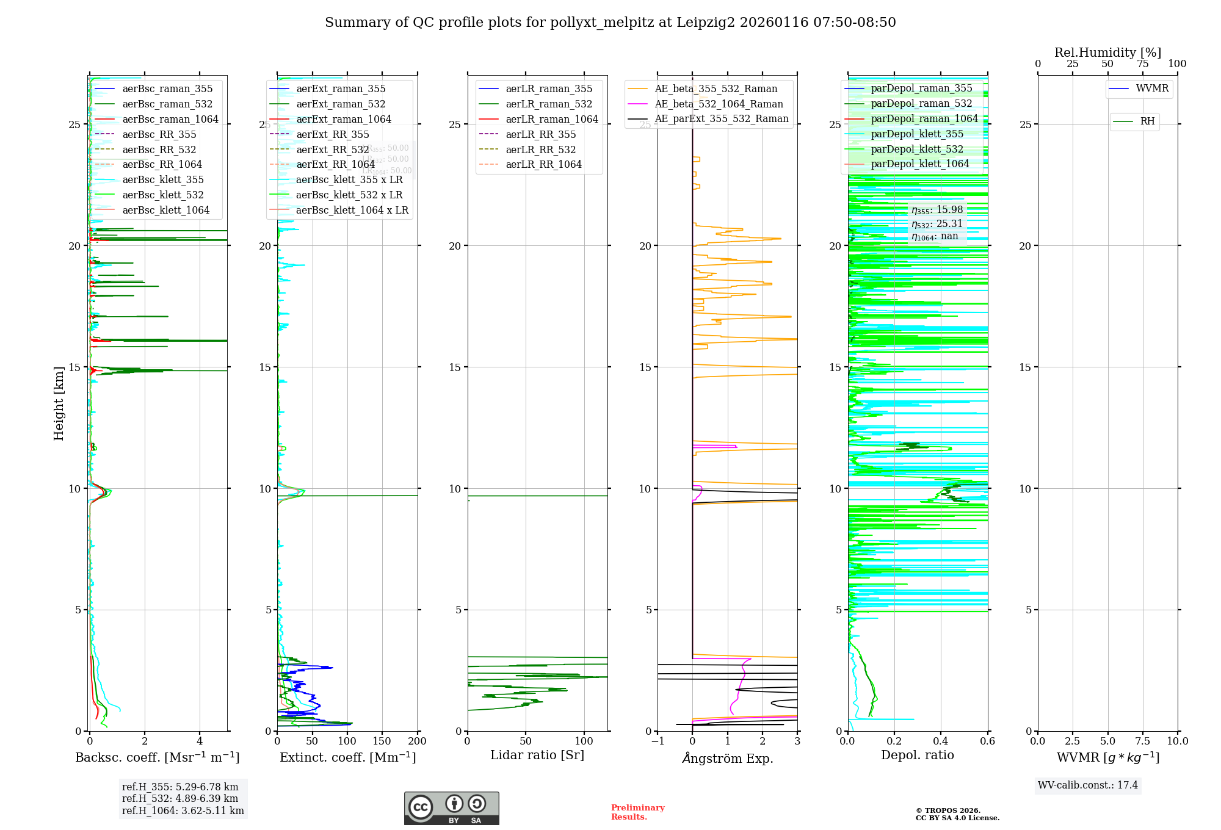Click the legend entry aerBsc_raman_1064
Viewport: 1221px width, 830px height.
click(170, 119)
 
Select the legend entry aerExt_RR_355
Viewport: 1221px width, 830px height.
click(332, 134)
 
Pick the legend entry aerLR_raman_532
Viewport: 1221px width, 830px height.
click(548, 104)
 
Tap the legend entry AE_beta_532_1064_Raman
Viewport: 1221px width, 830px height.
click(719, 104)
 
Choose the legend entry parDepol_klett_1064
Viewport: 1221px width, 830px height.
click(919, 164)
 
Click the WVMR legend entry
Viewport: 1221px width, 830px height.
click(1151, 88)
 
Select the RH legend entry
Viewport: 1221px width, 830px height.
click(1147, 121)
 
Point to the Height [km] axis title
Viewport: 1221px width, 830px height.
click(59, 403)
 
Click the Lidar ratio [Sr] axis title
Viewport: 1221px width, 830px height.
click(537, 755)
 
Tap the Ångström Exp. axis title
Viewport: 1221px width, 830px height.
click(727, 758)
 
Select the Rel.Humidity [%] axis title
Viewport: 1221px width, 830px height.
click(1107, 52)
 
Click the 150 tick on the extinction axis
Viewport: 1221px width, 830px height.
click(382, 742)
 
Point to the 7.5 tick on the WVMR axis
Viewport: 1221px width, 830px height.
click(1143, 742)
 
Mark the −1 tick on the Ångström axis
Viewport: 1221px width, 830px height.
click(657, 742)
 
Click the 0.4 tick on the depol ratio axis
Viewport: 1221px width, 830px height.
click(941, 742)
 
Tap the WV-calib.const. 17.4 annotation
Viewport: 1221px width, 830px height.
click(1088, 785)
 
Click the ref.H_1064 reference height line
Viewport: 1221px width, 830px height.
click(183, 810)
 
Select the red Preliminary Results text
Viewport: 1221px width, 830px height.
click(637, 812)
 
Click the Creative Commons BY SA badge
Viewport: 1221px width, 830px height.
click(451, 808)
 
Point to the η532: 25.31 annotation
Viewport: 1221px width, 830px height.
click(937, 224)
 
